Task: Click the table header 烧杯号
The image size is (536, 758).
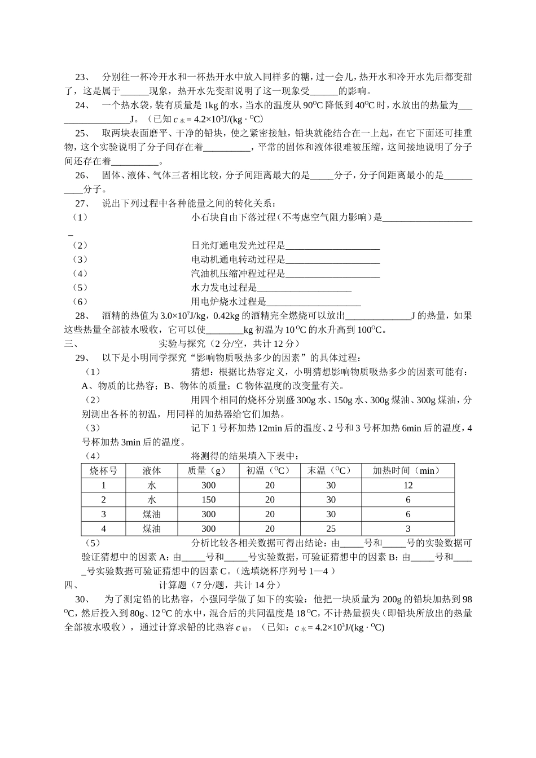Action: click(103, 470)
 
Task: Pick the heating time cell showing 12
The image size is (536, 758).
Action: click(408, 485)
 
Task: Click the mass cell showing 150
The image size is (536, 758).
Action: click(208, 500)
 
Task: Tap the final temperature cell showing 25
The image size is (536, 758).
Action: click(331, 528)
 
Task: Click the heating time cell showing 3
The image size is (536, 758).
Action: click(408, 528)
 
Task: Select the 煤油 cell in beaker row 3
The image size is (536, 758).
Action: click(152, 514)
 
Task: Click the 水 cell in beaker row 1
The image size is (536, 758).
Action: click(152, 485)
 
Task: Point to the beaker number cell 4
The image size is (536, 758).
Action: click(103, 528)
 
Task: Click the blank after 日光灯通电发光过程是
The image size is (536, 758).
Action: click(332, 246)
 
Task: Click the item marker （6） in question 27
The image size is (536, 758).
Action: click(80, 302)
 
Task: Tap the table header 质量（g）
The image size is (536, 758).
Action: click(208, 470)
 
